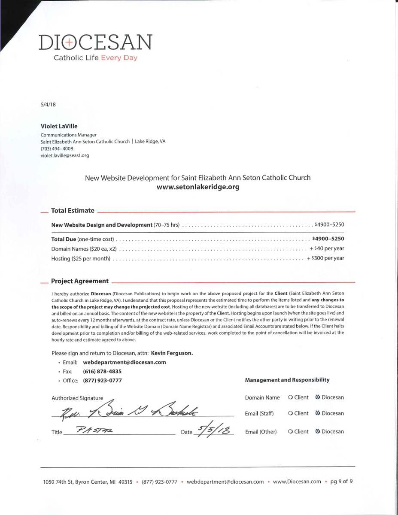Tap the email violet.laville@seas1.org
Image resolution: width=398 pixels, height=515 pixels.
(65, 155)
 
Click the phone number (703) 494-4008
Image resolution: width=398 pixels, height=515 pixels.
(57, 148)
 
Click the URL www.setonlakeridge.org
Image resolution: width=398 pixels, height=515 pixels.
(197, 187)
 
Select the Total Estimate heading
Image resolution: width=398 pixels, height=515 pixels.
(73, 211)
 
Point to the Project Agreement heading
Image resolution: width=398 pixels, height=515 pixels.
(80, 281)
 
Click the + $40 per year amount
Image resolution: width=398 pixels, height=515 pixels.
(327, 248)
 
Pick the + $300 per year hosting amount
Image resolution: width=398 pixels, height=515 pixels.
(325, 258)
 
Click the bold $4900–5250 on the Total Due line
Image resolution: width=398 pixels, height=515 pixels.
(328, 239)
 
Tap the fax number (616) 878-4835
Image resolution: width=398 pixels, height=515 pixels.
(102, 372)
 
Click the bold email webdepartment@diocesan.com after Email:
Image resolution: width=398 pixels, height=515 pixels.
(124, 362)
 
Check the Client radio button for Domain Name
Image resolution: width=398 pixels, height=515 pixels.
(291, 397)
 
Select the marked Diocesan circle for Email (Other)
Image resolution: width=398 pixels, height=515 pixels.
(318, 431)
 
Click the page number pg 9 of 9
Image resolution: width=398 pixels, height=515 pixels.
(341, 482)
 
